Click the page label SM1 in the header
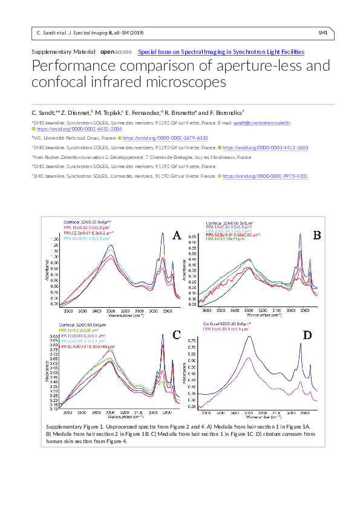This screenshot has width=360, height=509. (322, 33)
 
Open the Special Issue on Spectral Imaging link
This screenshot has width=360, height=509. (221, 53)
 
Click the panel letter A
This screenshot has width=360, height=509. (177, 236)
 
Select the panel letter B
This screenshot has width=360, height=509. (316, 235)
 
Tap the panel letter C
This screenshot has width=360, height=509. (177, 334)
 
